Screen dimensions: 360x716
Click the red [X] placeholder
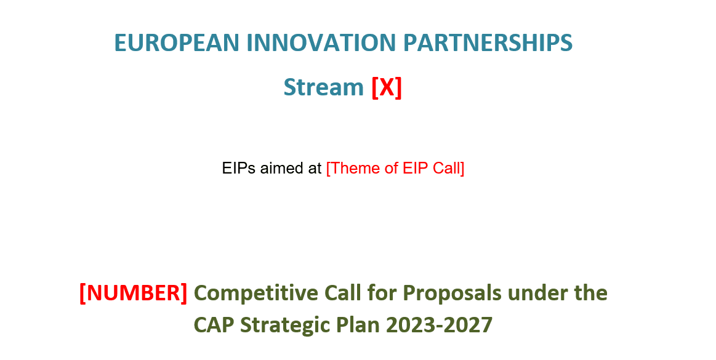click(x=387, y=87)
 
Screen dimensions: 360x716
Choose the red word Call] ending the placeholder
click(x=448, y=168)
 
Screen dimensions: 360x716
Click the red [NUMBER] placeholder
click(x=134, y=293)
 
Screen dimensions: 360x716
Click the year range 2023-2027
click(x=440, y=325)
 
